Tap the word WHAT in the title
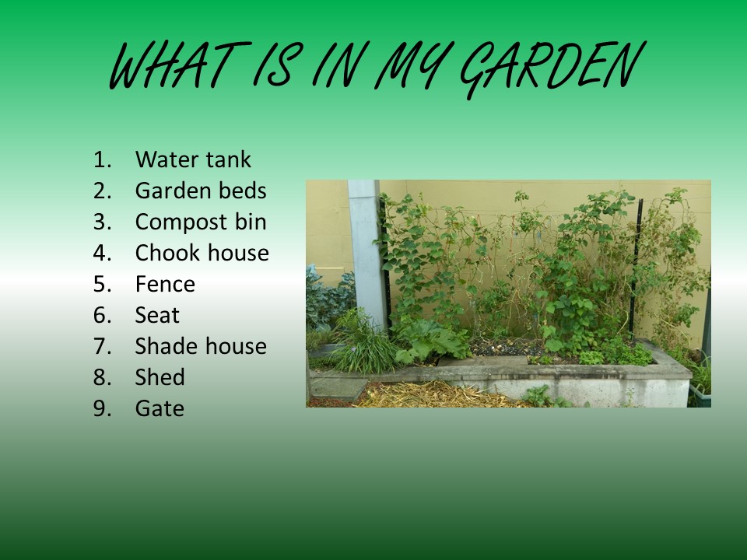coord(180,65)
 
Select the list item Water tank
coord(193,159)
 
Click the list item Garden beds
coord(201,191)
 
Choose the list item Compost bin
coord(201,222)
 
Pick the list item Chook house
coord(202,253)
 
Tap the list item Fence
coord(165,285)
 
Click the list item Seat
coord(157,315)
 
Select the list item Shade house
coord(201,346)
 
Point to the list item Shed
coord(160,377)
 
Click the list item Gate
coord(160,408)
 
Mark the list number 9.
coord(103,408)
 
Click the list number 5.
coord(103,285)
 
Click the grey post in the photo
coord(366,252)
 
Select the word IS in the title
coord(276,65)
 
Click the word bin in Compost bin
coord(251,222)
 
